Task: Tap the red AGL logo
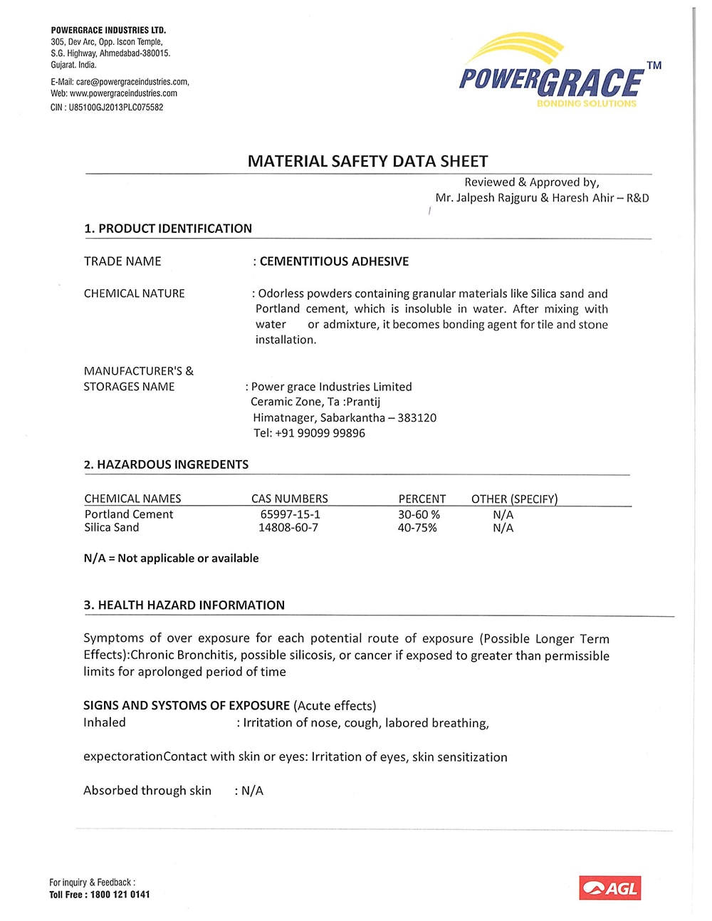click(x=609, y=888)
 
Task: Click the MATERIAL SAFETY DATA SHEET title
click(x=367, y=162)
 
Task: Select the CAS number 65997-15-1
click(x=290, y=514)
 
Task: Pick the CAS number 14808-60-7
click(x=288, y=528)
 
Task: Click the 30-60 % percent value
click(x=419, y=514)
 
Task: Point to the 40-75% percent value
click(x=417, y=528)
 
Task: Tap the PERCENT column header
click(x=422, y=499)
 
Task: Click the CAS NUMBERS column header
click(x=289, y=499)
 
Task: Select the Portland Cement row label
click(x=129, y=514)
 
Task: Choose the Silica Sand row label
click(x=112, y=528)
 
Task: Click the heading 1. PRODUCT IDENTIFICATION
click(x=168, y=229)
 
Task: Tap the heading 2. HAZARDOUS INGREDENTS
click(x=166, y=464)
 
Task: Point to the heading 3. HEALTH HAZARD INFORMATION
click(x=184, y=605)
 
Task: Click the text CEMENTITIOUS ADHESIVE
click(x=334, y=261)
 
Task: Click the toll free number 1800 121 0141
click(x=120, y=895)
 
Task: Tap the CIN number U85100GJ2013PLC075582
click(x=115, y=108)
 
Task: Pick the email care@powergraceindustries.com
click(x=132, y=82)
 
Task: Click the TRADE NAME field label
click(x=122, y=261)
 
